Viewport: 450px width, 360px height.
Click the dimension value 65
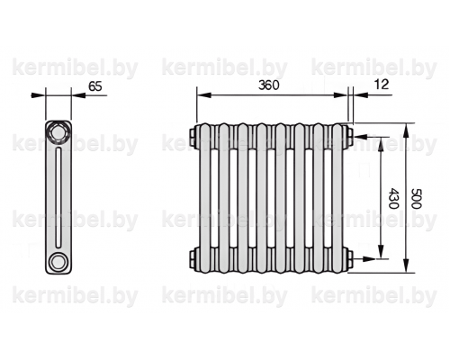coord(95,86)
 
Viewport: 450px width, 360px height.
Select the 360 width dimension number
coord(269,85)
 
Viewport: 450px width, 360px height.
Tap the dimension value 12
coord(382,85)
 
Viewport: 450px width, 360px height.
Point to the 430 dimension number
coord(393,198)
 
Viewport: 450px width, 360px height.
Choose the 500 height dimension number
coord(417,198)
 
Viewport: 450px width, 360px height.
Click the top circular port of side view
coord(58,132)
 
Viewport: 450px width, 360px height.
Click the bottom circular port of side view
coord(58,262)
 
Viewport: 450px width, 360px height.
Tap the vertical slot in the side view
coord(58,197)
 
